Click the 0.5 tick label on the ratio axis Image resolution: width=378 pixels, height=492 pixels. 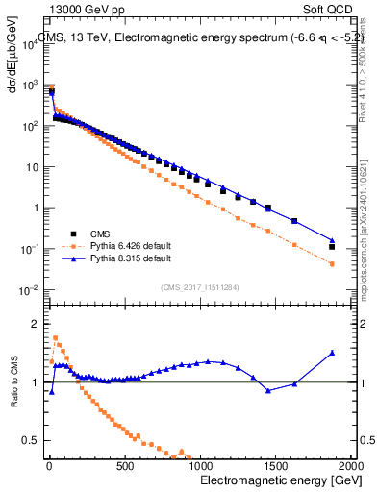(x=33, y=441)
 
